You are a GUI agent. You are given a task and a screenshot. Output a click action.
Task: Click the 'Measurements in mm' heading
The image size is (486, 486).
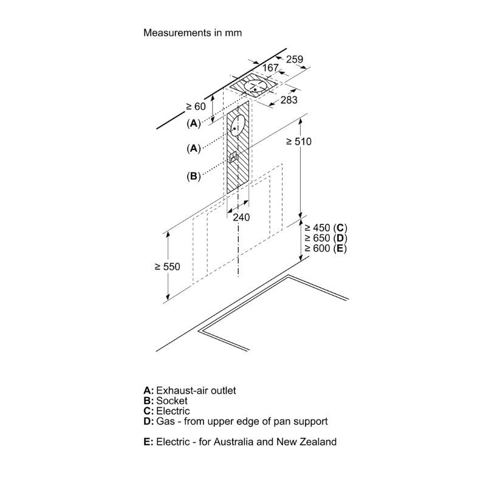pyautogui.click(x=193, y=33)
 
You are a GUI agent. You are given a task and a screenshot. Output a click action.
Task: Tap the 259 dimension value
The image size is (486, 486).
pyautogui.click(x=295, y=59)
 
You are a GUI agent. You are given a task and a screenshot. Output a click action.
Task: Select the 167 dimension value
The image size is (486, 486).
pyautogui.click(x=271, y=67)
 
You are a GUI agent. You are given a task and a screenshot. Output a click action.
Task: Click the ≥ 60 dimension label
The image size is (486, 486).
pyautogui.click(x=196, y=106)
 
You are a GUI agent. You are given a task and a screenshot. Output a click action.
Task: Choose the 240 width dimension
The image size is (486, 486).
pyautogui.click(x=241, y=217)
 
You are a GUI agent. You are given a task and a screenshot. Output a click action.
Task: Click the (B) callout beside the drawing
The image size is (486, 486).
pyautogui.click(x=193, y=177)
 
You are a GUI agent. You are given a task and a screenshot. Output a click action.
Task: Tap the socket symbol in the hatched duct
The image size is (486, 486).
pyautogui.click(x=234, y=157)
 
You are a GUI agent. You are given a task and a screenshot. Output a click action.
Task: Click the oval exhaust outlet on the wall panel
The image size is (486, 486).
pyautogui.click(x=238, y=126)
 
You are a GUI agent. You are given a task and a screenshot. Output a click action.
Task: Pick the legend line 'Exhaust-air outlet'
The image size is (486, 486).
pyautogui.click(x=190, y=390)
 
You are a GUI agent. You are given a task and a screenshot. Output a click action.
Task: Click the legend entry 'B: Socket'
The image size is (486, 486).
pyautogui.click(x=165, y=401)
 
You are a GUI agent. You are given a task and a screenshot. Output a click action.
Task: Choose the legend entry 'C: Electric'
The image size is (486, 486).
pyautogui.click(x=166, y=411)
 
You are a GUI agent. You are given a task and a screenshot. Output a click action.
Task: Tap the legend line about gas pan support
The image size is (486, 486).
pyautogui.click(x=236, y=422)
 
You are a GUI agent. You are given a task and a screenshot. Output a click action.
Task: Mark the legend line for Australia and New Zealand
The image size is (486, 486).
pyautogui.click(x=239, y=442)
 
